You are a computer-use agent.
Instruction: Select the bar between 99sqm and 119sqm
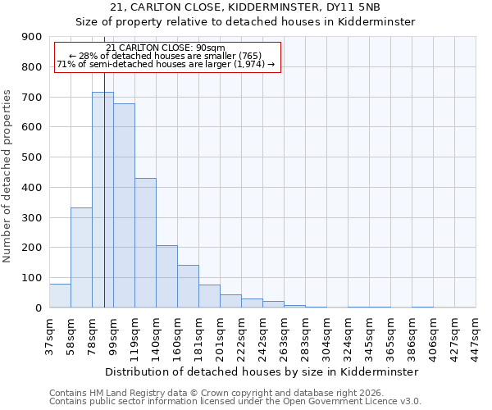click(124, 205)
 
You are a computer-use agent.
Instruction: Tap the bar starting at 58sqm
click(81, 257)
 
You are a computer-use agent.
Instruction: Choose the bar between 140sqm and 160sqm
click(166, 276)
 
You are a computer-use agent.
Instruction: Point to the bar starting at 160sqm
click(188, 286)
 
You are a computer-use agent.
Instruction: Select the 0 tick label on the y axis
click(38, 307)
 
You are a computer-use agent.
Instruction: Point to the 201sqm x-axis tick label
click(221, 335)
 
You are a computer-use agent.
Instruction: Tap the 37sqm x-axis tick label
click(50, 335)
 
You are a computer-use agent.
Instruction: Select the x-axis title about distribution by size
click(262, 371)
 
